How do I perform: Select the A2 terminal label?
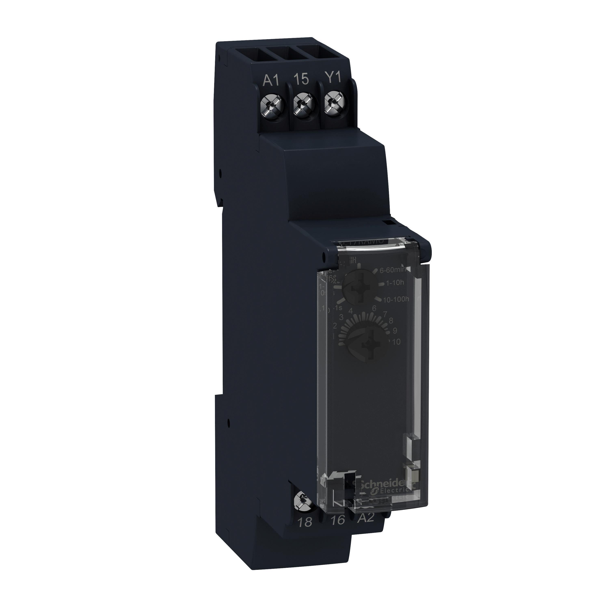(365, 518)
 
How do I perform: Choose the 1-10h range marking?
(395, 283)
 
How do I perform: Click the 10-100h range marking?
(396, 299)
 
